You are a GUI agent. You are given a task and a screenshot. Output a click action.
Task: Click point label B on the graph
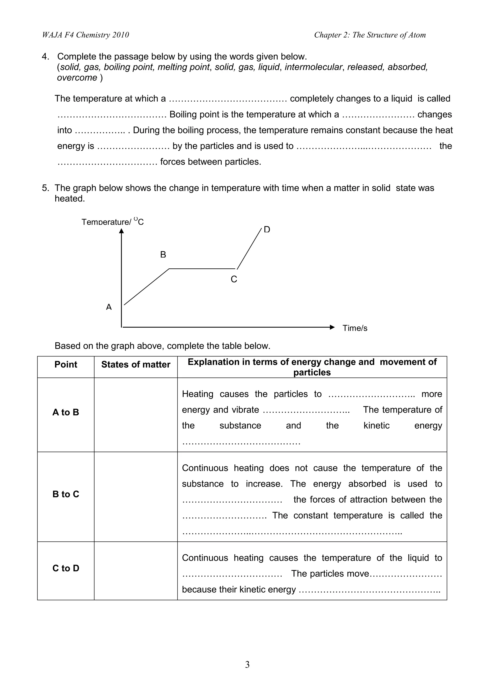point(163,255)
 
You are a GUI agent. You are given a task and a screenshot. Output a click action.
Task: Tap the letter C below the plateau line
point(234,279)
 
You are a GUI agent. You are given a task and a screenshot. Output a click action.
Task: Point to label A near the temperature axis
point(109,307)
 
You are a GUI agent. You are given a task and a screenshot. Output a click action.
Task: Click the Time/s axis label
point(355,328)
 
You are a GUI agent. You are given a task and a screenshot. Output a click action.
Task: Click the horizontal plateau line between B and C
point(202,269)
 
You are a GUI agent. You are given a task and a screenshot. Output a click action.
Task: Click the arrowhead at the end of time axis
point(332,327)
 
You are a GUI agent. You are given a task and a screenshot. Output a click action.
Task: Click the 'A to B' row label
point(66,412)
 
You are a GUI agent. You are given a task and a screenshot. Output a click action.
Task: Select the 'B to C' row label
point(66,494)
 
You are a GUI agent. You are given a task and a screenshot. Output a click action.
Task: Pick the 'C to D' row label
point(66,568)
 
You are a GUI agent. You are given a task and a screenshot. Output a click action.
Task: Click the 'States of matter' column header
point(136,364)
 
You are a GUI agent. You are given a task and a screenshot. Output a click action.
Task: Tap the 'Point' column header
point(66,364)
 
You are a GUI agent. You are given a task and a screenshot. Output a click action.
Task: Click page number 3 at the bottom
point(247,664)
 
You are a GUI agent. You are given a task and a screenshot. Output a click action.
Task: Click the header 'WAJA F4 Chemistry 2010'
point(85,35)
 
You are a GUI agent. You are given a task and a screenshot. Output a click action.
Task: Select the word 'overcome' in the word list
point(77,78)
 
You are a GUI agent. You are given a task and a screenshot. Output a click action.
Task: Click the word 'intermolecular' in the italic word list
point(313,67)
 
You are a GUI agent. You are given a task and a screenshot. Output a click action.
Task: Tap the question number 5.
point(45,188)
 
